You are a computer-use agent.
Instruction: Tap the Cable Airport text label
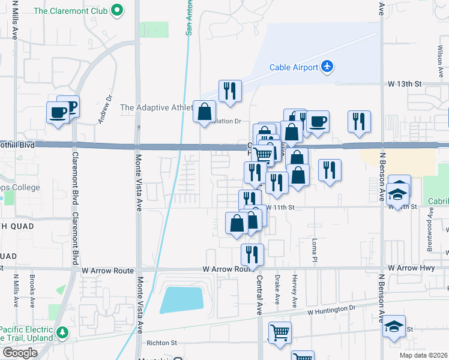point(294,67)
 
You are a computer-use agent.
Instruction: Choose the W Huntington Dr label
point(331,310)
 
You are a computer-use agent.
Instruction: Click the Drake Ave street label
point(277,288)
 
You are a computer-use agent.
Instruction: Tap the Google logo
point(20,353)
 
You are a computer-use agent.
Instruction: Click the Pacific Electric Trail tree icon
point(61,332)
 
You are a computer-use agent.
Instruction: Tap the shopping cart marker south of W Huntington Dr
point(279,332)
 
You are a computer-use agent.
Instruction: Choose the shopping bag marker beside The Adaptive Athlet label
point(204,111)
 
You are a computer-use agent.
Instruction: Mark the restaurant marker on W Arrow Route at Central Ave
point(252,254)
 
